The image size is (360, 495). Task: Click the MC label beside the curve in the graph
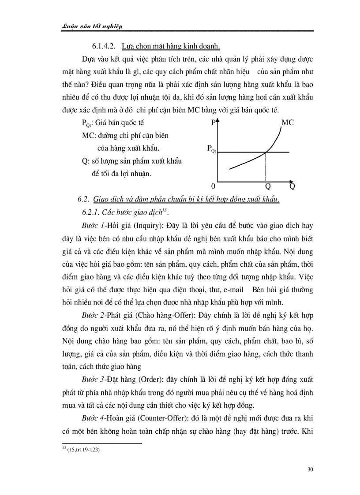click(x=287, y=123)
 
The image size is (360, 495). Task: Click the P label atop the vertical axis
click(x=214, y=123)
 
